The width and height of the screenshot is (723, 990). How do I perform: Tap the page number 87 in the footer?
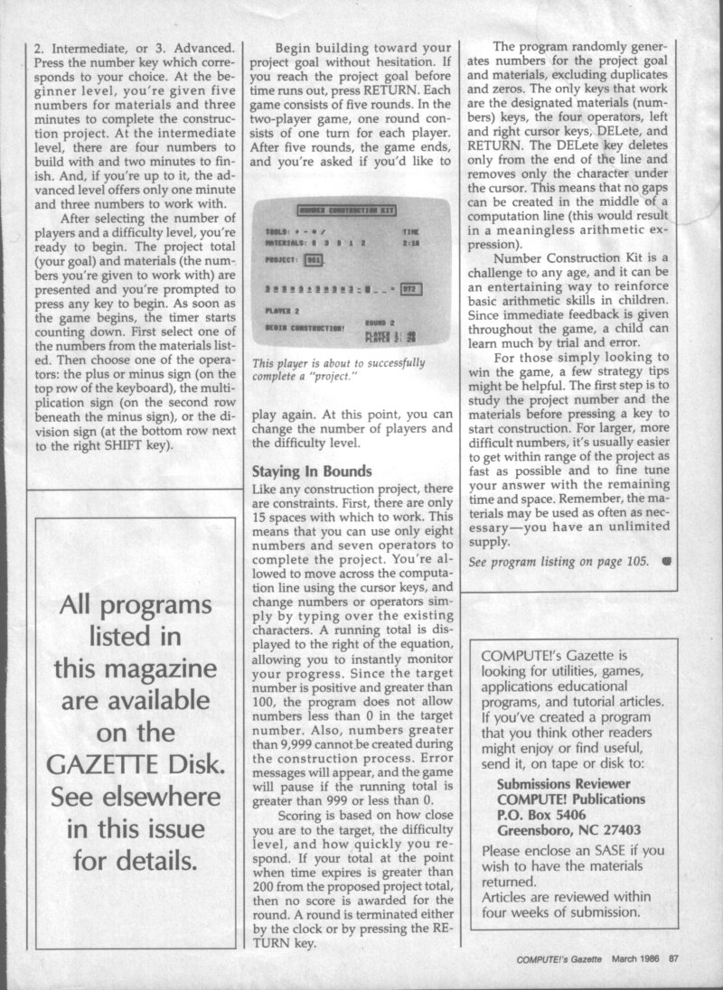(x=673, y=959)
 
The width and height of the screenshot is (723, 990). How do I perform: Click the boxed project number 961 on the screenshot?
(x=314, y=260)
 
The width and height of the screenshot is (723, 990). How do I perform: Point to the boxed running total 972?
(x=409, y=289)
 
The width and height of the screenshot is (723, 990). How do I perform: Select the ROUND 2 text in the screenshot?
(x=379, y=321)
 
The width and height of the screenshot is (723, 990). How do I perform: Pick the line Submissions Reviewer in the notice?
(x=569, y=784)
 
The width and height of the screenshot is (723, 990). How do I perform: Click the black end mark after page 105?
(x=666, y=561)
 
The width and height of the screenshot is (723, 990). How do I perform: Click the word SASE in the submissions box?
(x=604, y=849)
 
